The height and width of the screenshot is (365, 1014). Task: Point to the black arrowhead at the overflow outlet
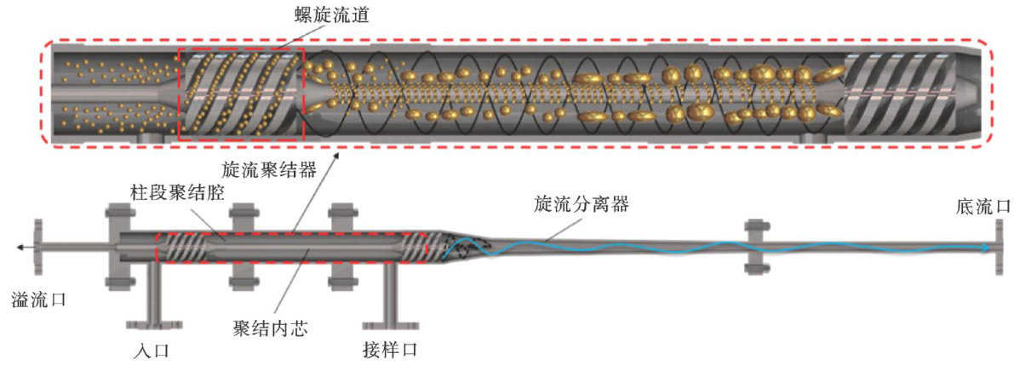(x=21, y=247)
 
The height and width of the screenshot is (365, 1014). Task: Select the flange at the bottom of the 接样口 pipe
(x=389, y=323)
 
